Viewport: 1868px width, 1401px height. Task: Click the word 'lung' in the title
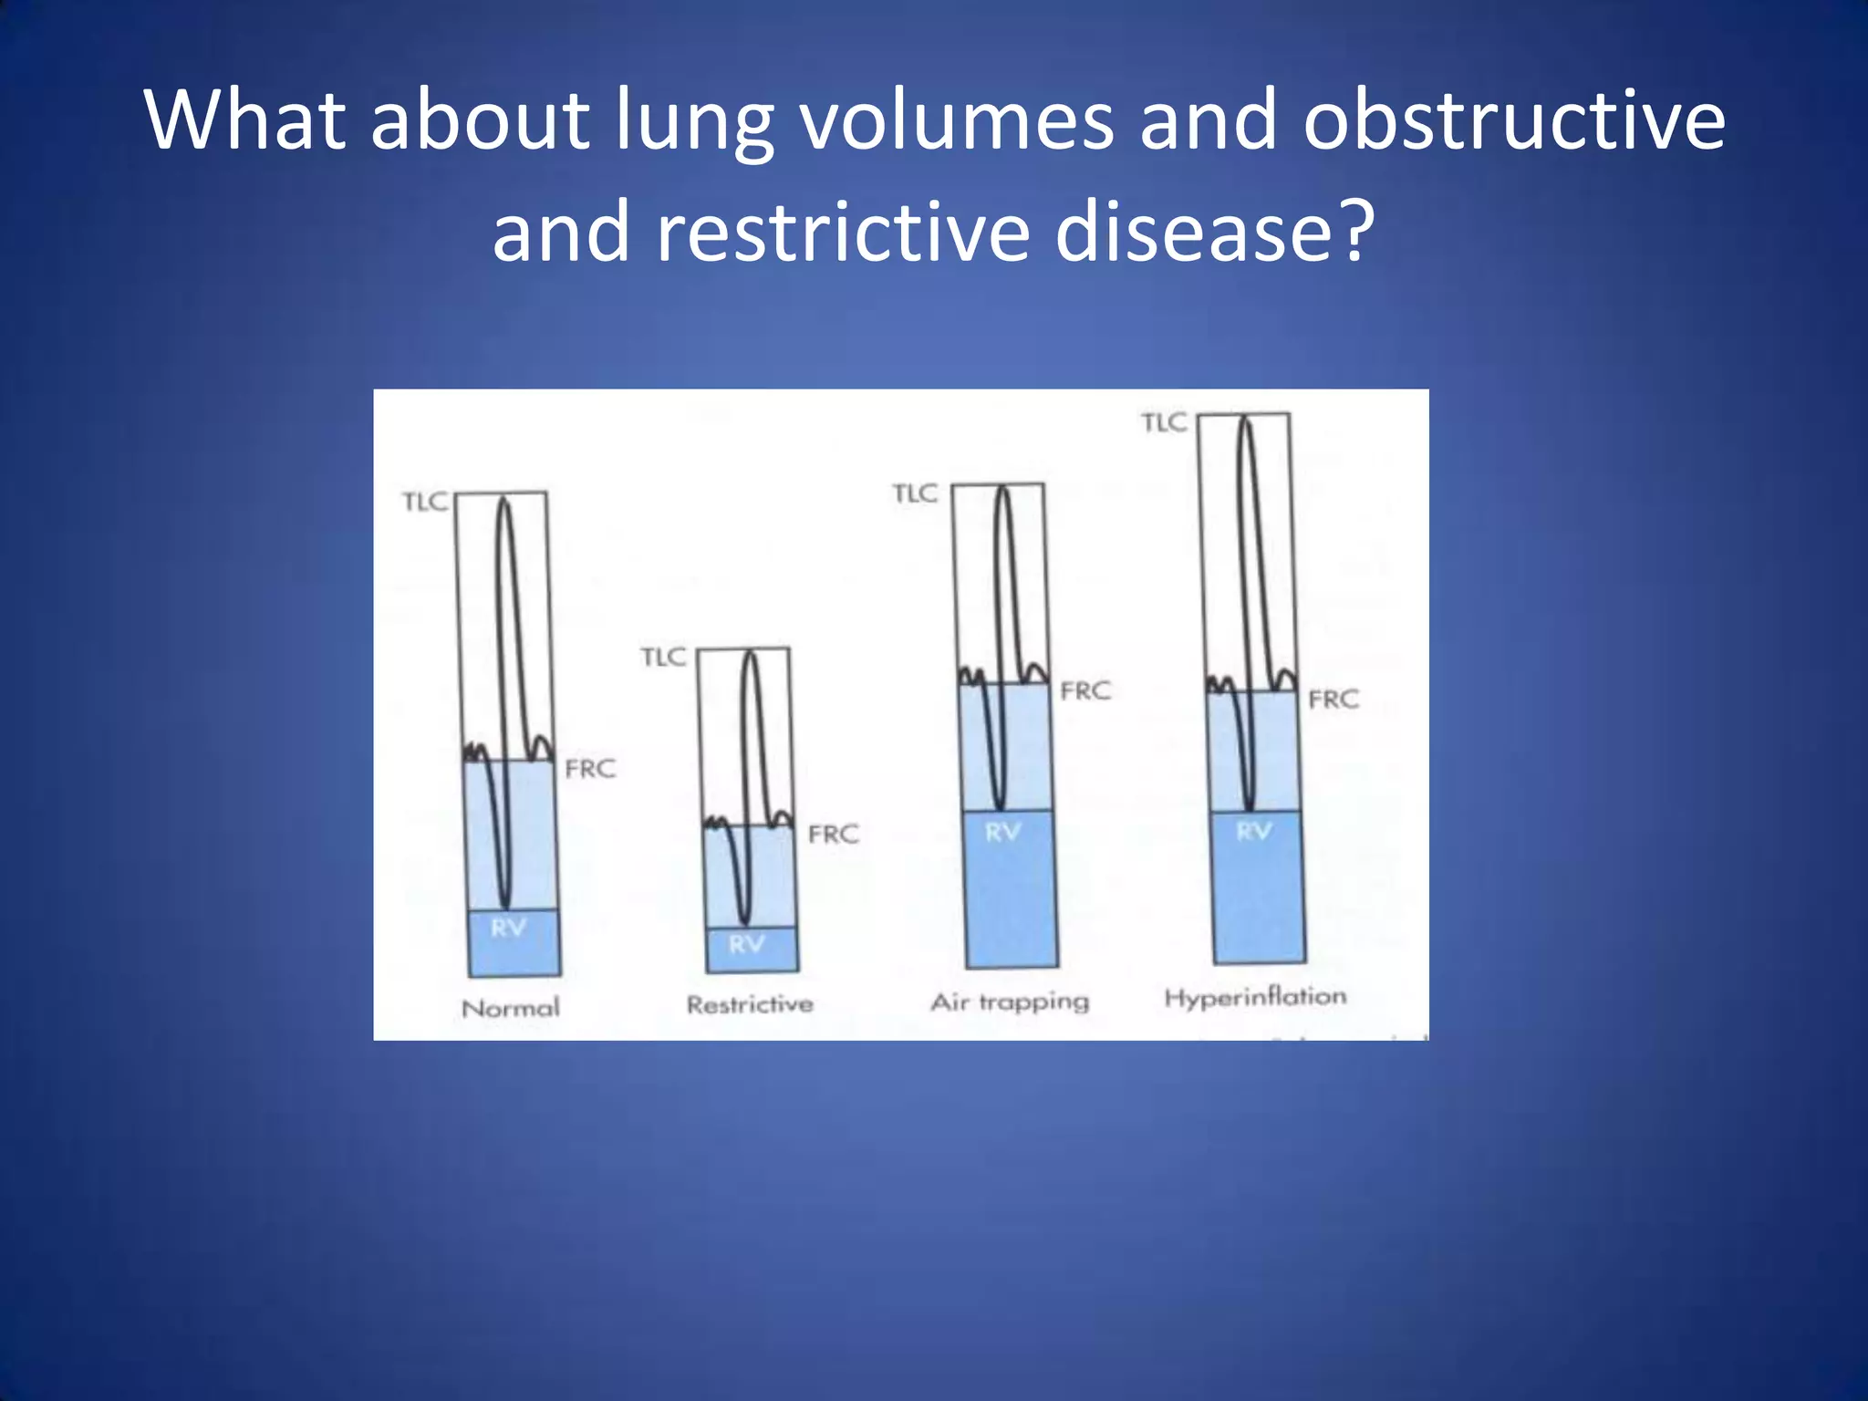point(693,122)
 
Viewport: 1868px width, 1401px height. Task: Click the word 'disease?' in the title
point(1214,232)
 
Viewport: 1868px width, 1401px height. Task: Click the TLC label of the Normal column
point(425,503)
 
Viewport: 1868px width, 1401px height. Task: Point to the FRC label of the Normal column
point(590,769)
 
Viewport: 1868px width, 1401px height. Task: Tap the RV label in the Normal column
point(508,929)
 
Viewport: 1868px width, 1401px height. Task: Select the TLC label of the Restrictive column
point(663,657)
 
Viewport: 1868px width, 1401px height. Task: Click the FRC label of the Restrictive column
point(833,834)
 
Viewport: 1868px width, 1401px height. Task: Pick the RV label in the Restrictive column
point(746,944)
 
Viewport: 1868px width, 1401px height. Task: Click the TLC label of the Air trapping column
point(915,493)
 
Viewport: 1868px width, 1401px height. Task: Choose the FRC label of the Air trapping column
point(1085,691)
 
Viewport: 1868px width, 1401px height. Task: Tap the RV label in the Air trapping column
point(1002,832)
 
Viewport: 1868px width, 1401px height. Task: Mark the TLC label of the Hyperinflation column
point(1164,422)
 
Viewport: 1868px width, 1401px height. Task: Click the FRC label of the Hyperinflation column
point(1333,700)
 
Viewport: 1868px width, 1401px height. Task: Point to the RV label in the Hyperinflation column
point(1253,831)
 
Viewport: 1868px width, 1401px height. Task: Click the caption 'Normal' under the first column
point(511,1008)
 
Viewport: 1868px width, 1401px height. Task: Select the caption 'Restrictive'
point(750,1004)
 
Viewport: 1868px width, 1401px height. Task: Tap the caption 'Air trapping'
point(1010,1002)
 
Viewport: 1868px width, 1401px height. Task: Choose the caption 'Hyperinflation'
point(1255,997)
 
